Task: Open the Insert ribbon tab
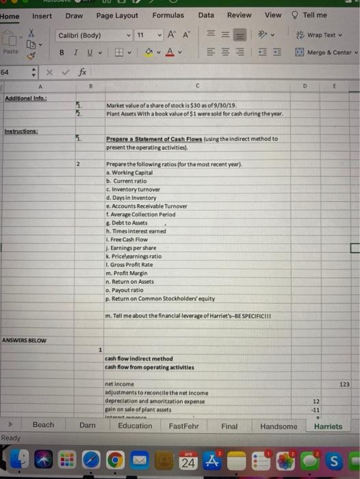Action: [x=42, y=16]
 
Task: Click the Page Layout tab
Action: [x=117, y=16]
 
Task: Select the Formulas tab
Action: [x=168, y=16]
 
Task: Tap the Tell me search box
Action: [x=314, y=15]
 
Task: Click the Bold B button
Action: [x=62, y=53]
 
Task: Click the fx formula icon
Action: [x=82, y=71]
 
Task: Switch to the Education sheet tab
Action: [x=135, y=426]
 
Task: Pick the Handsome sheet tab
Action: [x=279, y=426]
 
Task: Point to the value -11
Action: [x=316, y=410]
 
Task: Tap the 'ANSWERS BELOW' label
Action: [x=21, y=341]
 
